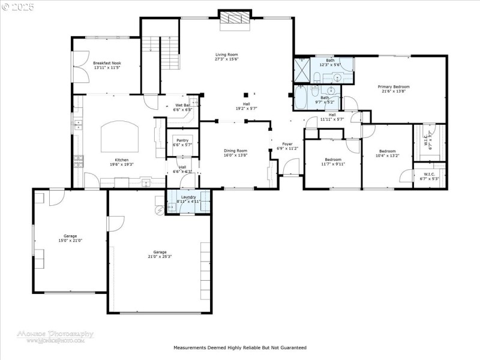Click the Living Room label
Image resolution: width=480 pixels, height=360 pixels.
[x=227, y=55]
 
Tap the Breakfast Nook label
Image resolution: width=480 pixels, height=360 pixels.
[x=107, y=63]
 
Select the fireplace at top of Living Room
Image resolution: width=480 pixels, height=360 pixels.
[x=234, y=19]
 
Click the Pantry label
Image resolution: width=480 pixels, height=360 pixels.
[x=182, y=140]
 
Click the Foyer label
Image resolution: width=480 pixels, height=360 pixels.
[x=287, y=144]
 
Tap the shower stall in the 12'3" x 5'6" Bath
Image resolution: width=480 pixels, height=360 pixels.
[x=301, y=70]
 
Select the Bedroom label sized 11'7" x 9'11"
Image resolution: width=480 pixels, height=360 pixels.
[x=333, y=159]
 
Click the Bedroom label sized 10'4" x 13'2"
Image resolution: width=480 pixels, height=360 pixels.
[x=386, y=151]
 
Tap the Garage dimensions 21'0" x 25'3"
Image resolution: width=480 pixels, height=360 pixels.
[x=159, y=256]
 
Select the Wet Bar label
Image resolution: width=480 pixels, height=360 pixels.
[x=182, y=106]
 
